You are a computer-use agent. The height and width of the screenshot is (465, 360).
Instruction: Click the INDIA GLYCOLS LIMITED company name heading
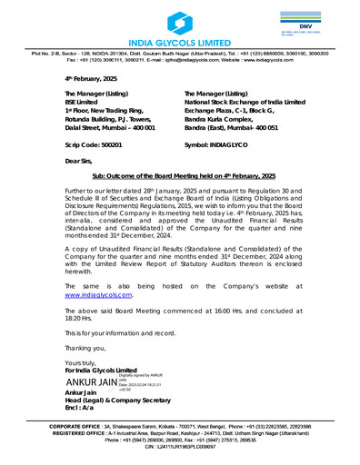(180, 44)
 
